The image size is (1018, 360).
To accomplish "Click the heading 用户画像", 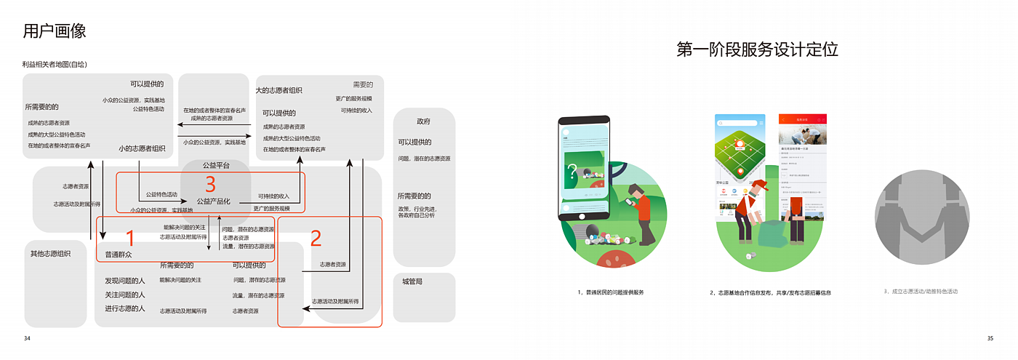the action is point(55,31).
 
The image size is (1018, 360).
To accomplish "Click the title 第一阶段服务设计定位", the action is point(757,49).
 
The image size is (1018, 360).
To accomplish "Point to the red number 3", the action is point(211,185).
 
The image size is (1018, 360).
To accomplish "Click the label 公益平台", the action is point(216,166).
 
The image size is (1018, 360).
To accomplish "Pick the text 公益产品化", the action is point(213,201).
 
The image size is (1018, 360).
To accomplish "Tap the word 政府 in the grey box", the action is point(423,121).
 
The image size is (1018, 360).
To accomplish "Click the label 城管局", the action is point(412,281).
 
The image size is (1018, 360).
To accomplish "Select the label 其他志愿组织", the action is point(50,254).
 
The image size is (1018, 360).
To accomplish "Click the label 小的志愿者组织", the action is point(142,149).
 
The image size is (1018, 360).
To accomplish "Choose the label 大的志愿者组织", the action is point(278,91).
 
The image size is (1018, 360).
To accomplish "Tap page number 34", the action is point(27,338).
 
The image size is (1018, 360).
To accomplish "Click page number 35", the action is point(990,338).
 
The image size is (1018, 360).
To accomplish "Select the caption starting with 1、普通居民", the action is point(611,292).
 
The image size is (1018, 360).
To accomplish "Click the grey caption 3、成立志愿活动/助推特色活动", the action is point(921,292).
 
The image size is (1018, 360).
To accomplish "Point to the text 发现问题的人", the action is point(125,280).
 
